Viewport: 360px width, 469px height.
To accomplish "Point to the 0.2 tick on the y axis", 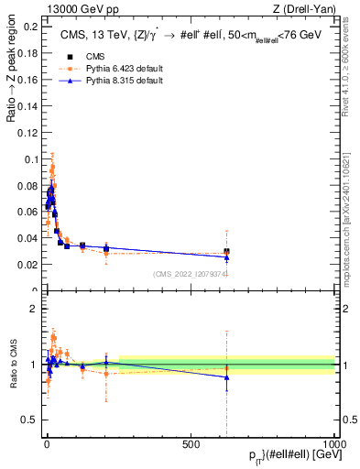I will [x=28, y=27].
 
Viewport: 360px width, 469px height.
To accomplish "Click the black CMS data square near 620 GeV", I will [x=226, y=252].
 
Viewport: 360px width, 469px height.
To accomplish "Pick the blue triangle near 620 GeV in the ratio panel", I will [x=226, y=377].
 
